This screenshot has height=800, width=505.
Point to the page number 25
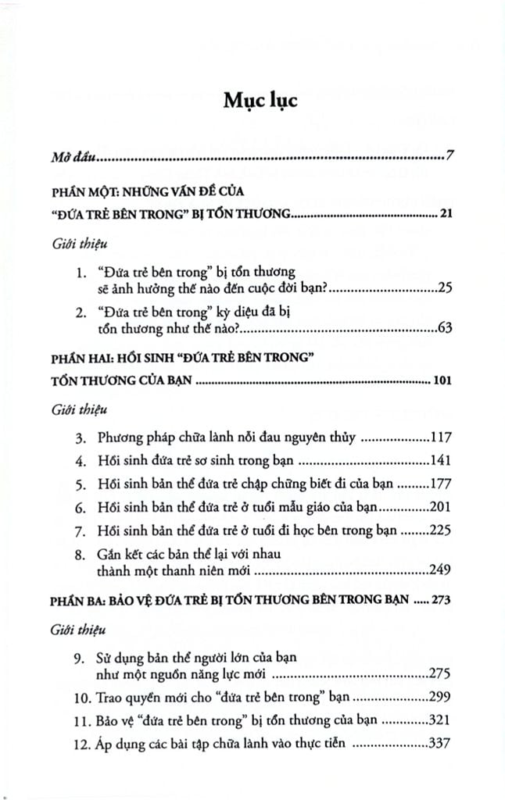point(444,289)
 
